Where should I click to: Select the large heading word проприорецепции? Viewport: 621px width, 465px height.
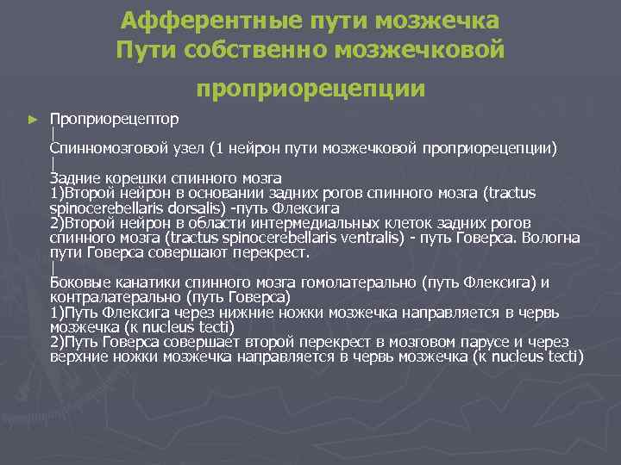click(310, 88)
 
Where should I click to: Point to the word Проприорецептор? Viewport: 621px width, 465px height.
click(115, 118)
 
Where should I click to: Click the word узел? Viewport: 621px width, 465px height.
click(194, 147)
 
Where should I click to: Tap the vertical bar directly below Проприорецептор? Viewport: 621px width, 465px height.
click(53, 133)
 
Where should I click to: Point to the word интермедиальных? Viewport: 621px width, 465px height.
click(293, 222)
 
